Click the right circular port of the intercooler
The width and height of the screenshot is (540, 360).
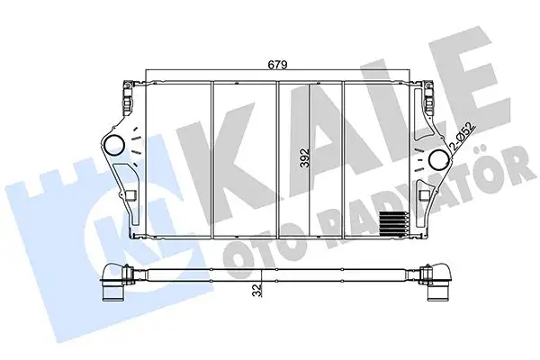pyautogui.click(x=438, y=158)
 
